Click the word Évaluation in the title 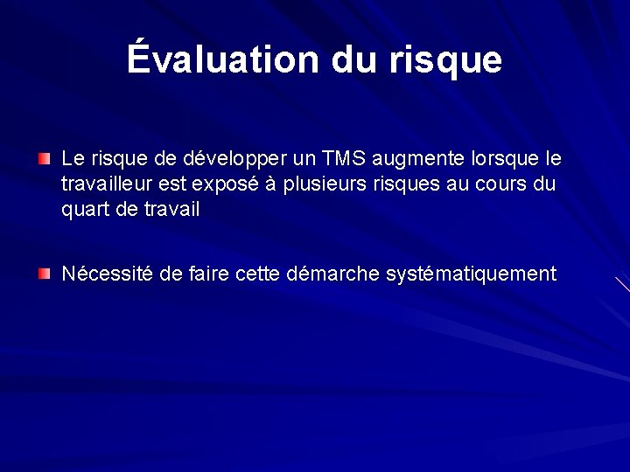click(223, 59)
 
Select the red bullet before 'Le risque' click(45, 159)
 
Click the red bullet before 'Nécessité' click(45, 274)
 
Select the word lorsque click(510, 161)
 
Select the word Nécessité click(109, 274)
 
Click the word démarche click(337, 274)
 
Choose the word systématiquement click(471, 275)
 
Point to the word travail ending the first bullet click(171, 210)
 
